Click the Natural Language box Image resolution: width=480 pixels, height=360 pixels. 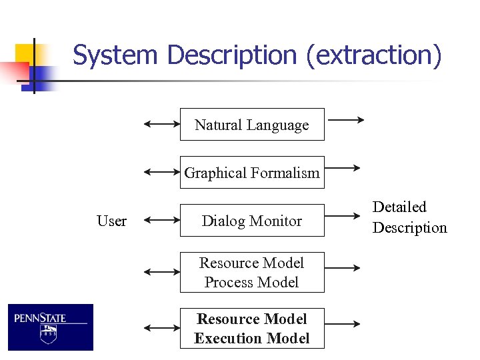251,125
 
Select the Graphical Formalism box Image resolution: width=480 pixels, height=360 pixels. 251,173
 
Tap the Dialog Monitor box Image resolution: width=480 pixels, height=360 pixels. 251,221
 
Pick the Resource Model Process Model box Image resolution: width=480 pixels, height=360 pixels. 251,272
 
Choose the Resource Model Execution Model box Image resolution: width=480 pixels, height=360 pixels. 251,328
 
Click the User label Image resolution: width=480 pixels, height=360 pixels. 111,221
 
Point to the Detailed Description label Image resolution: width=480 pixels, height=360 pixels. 409,217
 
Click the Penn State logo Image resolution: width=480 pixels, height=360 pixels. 51,327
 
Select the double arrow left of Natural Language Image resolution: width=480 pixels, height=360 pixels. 162,123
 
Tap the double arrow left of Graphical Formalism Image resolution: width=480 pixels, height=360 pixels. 162,171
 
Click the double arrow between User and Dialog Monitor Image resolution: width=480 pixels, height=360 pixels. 162,219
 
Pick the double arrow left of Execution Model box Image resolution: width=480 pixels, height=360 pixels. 162,328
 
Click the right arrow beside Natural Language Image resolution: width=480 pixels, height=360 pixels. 346,120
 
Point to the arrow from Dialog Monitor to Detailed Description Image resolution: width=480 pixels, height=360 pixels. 343,216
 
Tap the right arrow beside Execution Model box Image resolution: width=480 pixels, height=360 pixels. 343,324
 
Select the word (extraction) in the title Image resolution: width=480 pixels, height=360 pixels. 374,55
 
